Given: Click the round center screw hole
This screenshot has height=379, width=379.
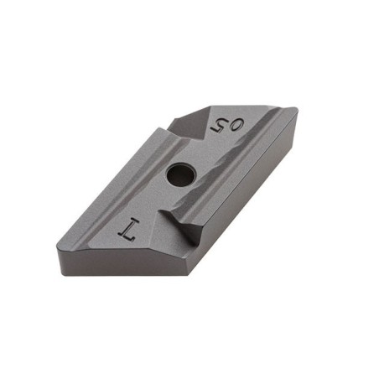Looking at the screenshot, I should [179, 175].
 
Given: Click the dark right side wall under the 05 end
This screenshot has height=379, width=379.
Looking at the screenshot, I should [252, 210].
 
